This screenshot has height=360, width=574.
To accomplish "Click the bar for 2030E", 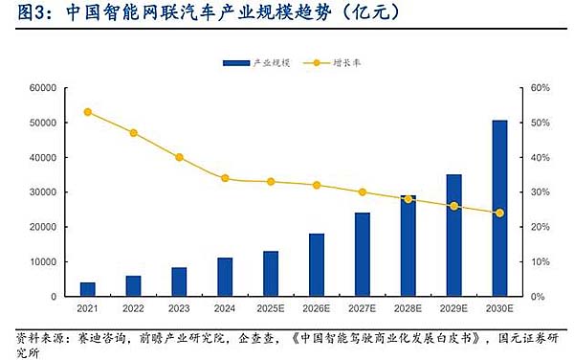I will (x=499, y=208).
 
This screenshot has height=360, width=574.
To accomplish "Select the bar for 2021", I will (x=87, y=289).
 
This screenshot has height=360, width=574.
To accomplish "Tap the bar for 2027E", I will (x=362, y=254).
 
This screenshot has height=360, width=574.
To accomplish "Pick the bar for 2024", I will (x=225, y=277).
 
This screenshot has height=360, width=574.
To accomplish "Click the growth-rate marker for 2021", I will (x=87, y=112).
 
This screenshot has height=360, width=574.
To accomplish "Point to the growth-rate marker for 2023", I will (x=179, y=157).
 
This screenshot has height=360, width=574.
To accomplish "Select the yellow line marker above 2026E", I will (x=317, y=185).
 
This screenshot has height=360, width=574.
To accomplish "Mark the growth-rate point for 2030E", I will (x=499, y=213).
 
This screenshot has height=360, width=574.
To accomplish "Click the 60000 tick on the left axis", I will (x=45, y=88).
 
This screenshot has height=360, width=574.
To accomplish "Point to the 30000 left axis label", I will (x=45, y=192).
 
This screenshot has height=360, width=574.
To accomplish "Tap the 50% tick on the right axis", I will (x=541, y=123).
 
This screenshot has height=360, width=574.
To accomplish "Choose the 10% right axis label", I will (x=541, y=261).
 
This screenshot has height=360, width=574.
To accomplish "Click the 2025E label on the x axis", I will (x=271, y=308).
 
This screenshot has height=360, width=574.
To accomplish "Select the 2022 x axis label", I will (x=133, y=308).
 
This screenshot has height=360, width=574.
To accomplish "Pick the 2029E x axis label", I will (x=453, y=308).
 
